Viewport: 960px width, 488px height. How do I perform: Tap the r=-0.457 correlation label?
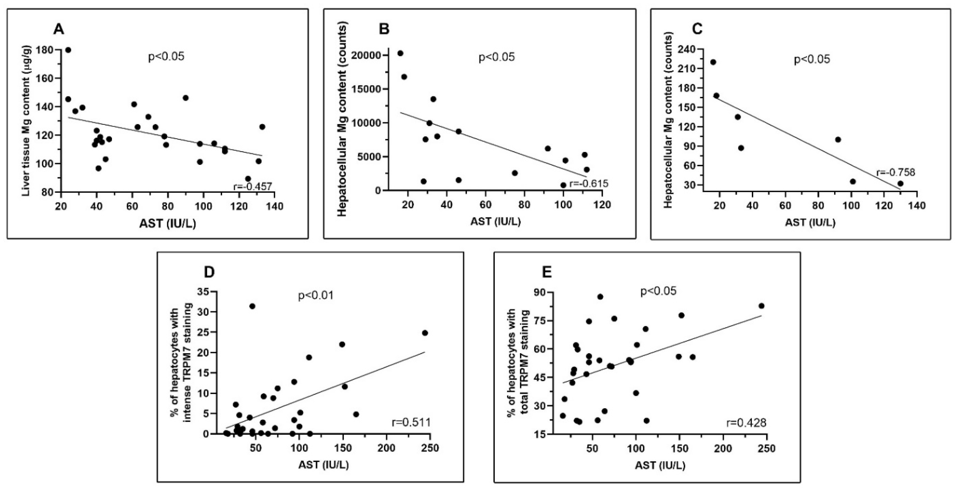click(x=252, y=186)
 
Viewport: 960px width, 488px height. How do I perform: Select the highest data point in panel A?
click(x=68, y=50)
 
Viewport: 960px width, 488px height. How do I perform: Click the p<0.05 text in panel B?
click(x=496, y=57)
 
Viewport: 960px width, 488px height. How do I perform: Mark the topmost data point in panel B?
click(x=400, y=53)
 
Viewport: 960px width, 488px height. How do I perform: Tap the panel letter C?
click(x=697, y=29)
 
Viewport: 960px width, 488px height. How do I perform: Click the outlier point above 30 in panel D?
click(x=252, y=306)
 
